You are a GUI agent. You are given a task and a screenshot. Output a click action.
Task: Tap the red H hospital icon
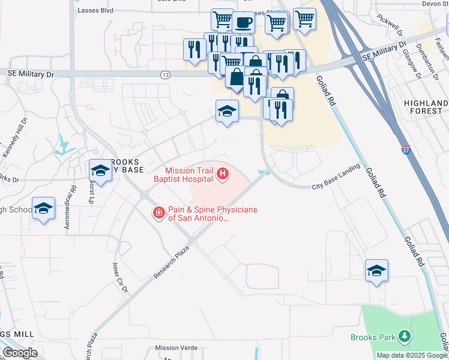pos(223,175)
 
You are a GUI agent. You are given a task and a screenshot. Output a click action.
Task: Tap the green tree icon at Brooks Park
pos(405,337)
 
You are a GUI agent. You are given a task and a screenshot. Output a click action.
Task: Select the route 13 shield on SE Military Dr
pos(164,74)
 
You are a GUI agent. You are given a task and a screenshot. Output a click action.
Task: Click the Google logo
pos(20,352)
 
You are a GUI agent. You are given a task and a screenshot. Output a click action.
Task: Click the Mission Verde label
pos(175,348)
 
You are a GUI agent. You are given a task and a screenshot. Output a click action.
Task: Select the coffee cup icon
pos(243,23)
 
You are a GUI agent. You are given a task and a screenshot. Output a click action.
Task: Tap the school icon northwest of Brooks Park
pos(376,271)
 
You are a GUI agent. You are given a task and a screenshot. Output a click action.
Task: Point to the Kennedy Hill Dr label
pos(16,138)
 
